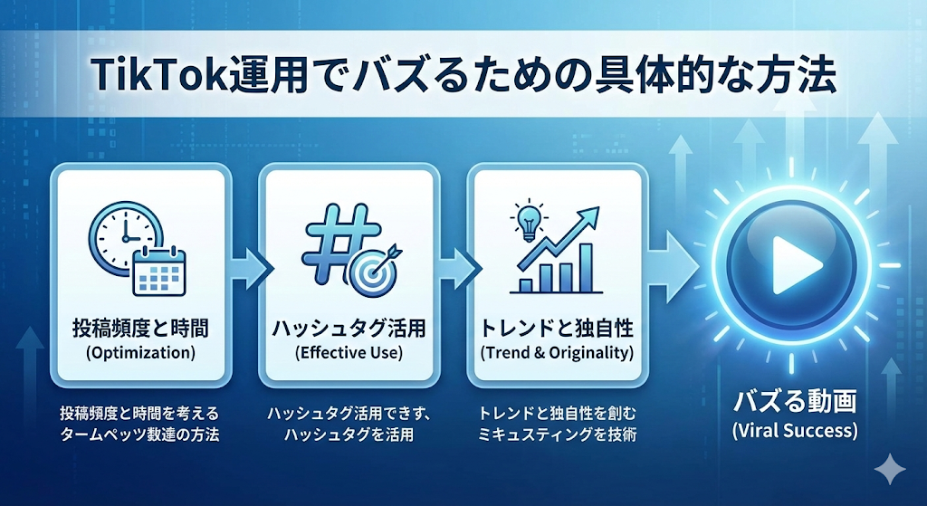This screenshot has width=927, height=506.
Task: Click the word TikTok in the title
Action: (x=161, y=74)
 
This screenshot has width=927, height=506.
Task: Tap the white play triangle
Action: (x=796, y=265)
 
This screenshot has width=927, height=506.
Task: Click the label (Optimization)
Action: (x=140, y=353)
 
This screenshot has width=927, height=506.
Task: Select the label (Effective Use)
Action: (x=349, y=353)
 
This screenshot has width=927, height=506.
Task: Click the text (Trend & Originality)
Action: (x=557, y=353)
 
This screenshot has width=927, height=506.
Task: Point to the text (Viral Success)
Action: (x=794, y=430)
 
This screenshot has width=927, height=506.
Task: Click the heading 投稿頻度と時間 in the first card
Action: (x=140, y=329)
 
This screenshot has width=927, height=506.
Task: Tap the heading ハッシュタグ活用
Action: (x=349, y=329)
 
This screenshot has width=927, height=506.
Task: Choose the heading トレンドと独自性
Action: (x=557, y=329)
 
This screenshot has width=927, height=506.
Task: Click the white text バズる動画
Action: (x=794, y=403)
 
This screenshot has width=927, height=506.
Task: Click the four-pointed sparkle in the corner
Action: (x=889, y=470)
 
